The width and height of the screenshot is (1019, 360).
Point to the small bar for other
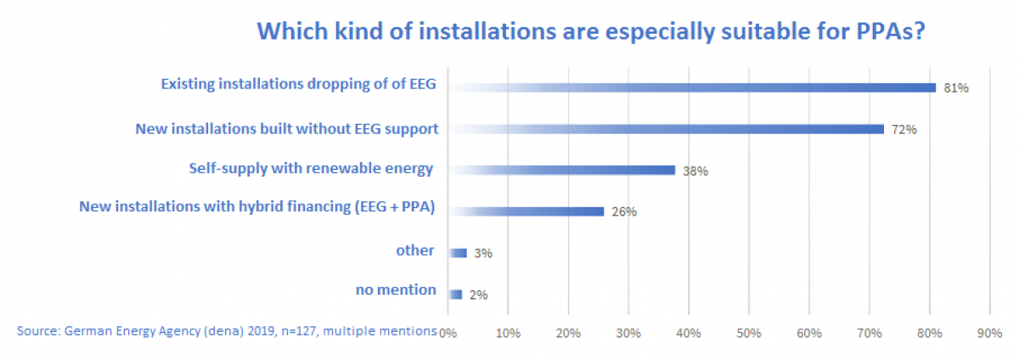[458, 252]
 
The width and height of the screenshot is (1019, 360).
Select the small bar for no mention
[455, 294]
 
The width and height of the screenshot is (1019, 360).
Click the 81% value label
[955, 87]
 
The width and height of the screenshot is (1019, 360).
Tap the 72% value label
[904, 130]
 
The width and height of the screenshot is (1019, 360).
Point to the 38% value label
[695, 171]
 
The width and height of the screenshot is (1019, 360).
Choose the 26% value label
[623, 212]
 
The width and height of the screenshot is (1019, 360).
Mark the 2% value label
[478, 295]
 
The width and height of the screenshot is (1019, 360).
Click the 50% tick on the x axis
[749, 334]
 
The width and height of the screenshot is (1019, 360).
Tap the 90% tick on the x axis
[990, 334]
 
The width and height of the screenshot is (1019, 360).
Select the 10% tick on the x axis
[508, 334]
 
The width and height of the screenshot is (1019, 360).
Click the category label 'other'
[415, 250]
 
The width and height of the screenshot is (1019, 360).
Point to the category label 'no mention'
[396, 290]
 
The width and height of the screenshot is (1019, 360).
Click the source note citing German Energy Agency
[226, 329]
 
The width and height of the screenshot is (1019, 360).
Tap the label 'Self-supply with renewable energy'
[311, 168]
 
